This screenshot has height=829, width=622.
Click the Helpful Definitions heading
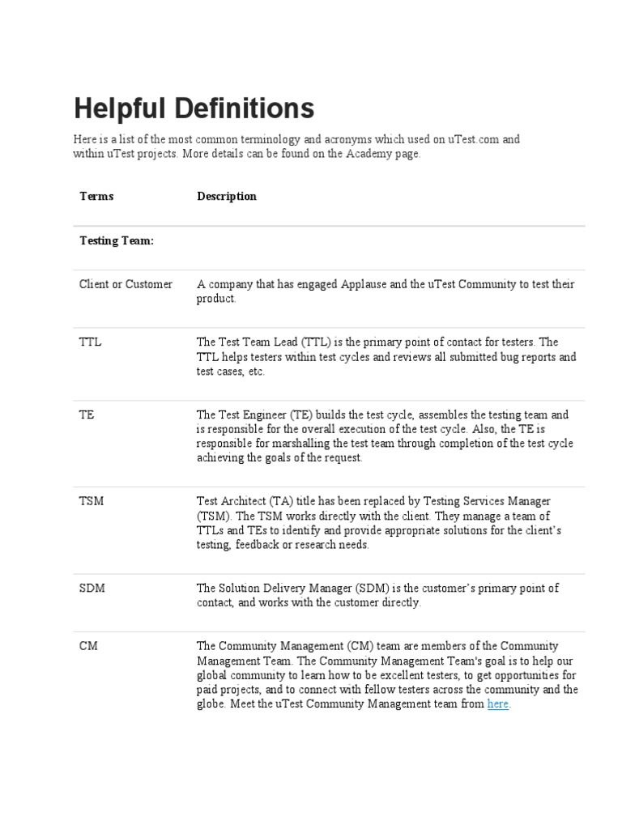point(194,108)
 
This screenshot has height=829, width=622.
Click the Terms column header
point(96,196)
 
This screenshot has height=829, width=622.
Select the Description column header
point(227,196)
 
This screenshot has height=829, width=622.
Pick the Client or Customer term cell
point(126,284)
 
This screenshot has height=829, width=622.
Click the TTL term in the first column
point(90,342)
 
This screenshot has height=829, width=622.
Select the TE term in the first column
point(87,414)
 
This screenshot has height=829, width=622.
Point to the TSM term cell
point(91,501)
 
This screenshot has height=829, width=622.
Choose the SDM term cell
point(92,588)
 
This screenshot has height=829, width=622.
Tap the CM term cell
point(88,646)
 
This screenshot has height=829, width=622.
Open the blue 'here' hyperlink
point(498,704)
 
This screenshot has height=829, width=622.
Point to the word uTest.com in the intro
point(472,139)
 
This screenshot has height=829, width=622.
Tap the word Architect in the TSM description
point(241,501)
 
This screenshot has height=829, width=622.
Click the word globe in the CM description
point(211,704)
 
